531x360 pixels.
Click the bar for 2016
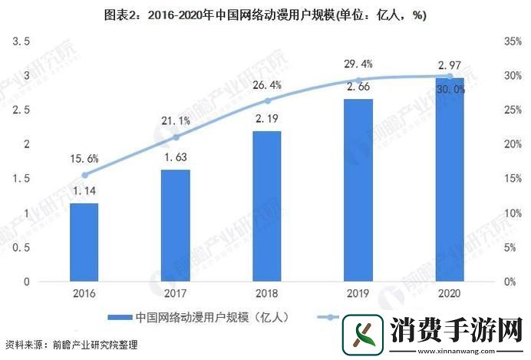pos(84,242)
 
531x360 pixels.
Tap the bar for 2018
pos(267,206)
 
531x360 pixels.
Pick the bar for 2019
pos(358,190)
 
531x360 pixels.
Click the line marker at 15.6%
pos(84,174)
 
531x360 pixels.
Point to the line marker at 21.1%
pos(176,137)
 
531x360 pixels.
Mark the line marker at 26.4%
pos(267,101)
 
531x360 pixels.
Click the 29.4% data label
pos(358,64)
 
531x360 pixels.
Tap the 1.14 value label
pos(84,192)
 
